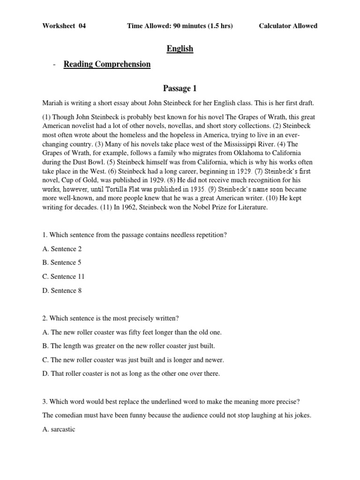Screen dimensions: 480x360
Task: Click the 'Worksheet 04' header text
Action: coord(64,26)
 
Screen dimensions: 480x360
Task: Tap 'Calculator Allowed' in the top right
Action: coord(288,26)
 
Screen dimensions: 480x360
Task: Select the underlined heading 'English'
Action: coord(180,49)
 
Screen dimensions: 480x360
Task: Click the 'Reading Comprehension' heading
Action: coord(107,65)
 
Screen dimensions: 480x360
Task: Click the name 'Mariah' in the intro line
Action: coord(52,103)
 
